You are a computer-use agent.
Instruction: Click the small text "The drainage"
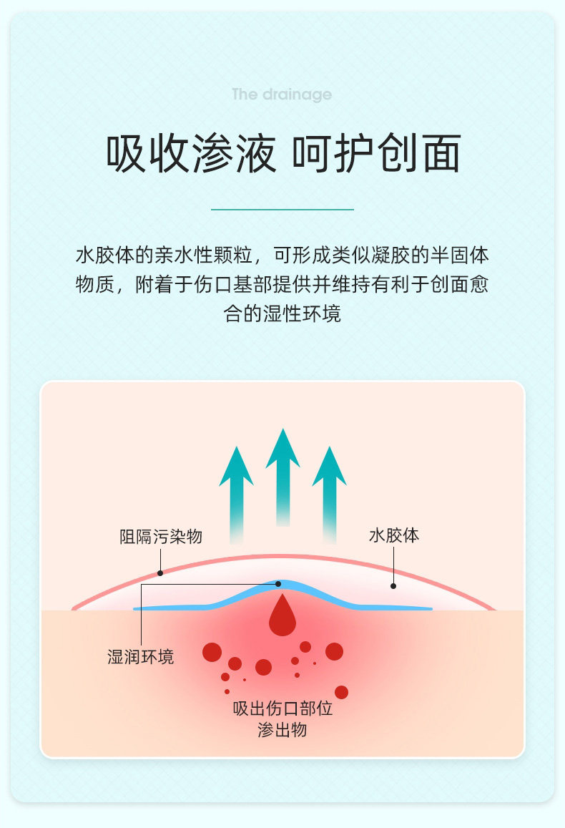282,94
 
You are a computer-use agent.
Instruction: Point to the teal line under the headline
282,210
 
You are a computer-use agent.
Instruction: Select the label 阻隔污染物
161,537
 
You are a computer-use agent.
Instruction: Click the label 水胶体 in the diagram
394,535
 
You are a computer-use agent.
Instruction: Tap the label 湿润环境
140,657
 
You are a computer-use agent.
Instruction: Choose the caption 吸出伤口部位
282,709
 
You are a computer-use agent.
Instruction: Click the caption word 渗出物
282,730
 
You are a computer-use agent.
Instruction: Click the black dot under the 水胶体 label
393,586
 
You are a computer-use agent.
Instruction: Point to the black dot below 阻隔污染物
160,573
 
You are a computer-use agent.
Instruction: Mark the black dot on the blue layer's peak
278,584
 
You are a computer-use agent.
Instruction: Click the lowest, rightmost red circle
341,692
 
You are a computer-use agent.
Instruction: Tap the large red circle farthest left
212,652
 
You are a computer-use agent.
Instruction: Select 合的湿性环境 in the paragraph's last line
282,313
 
